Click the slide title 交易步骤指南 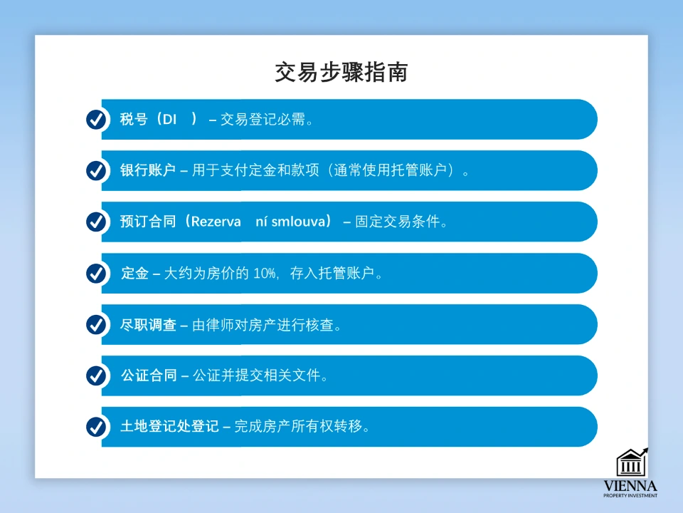tap(341, 73)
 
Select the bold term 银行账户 tap(148, 171)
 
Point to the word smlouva tap(297, 222)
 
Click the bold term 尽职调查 tap(148, 325)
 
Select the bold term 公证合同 tap(148, 376)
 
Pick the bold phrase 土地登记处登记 tap(169, 427)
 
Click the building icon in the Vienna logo tap(631, 462)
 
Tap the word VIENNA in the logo tap(630, 486)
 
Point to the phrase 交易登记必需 tap(263, 120)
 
